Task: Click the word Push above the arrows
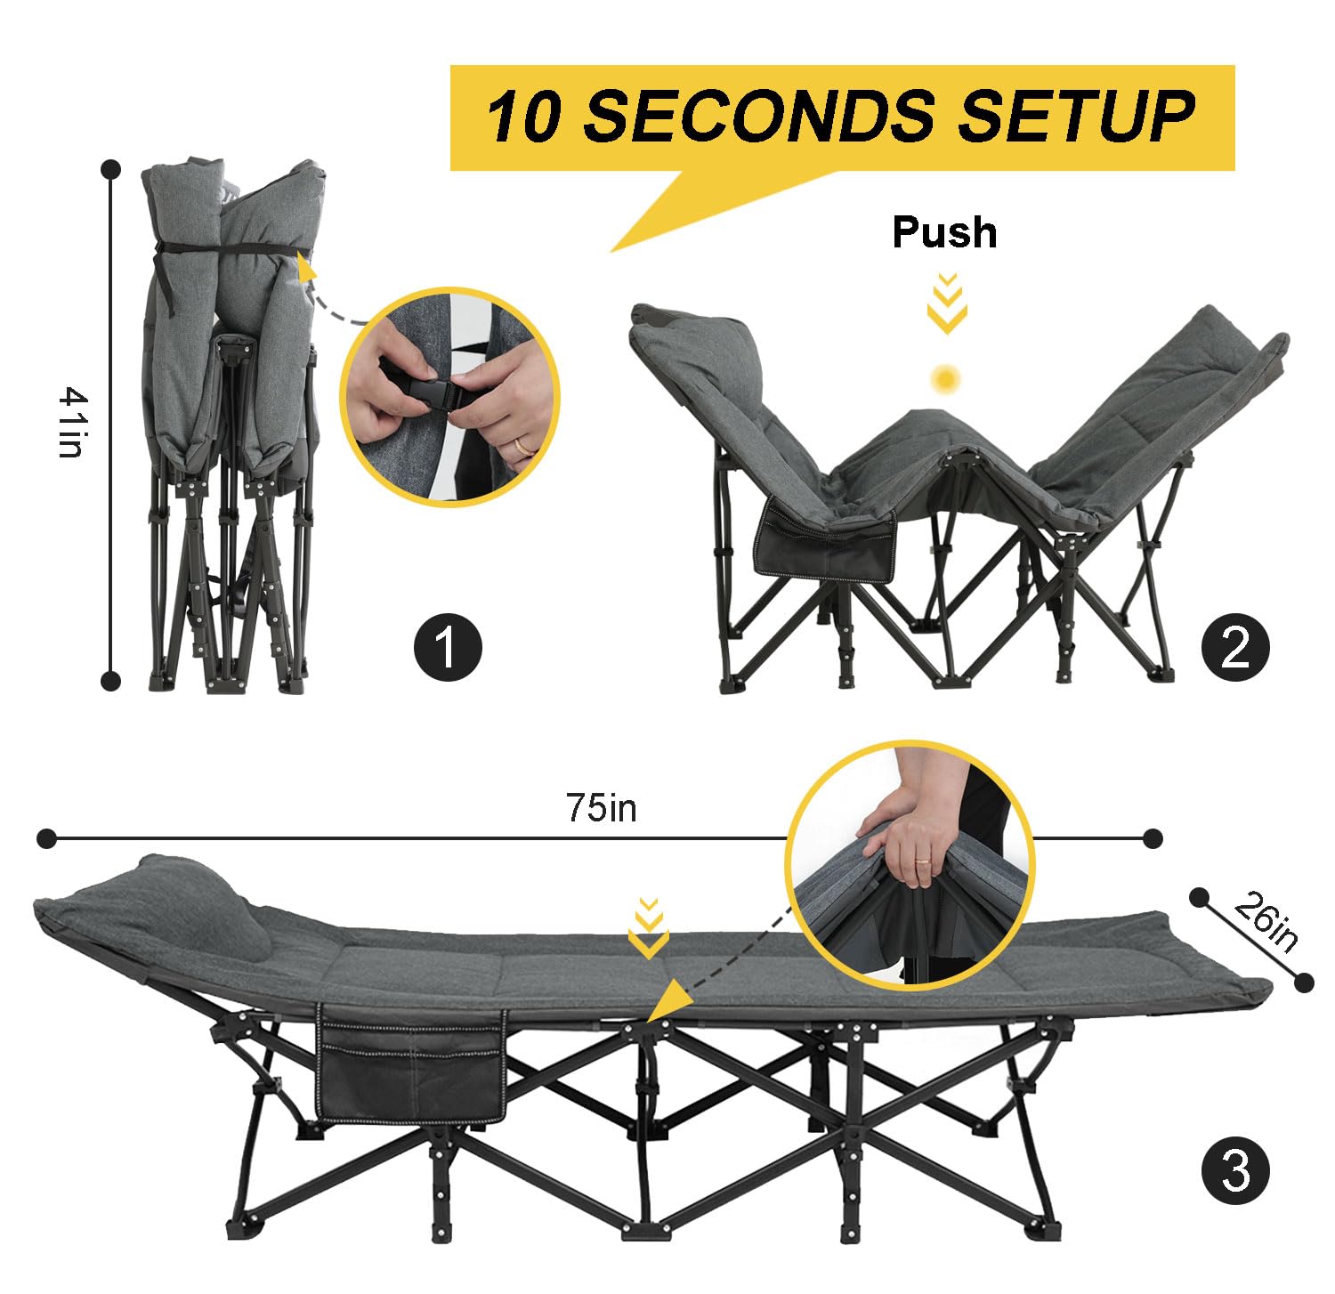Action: (944, 232)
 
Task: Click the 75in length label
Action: (601, 807)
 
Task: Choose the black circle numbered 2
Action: (1235, 646)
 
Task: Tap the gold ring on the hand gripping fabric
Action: (926, 861)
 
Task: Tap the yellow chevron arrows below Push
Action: (947, 303)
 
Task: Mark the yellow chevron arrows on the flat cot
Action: (649, 928)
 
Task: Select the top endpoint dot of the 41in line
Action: (110, 168)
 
